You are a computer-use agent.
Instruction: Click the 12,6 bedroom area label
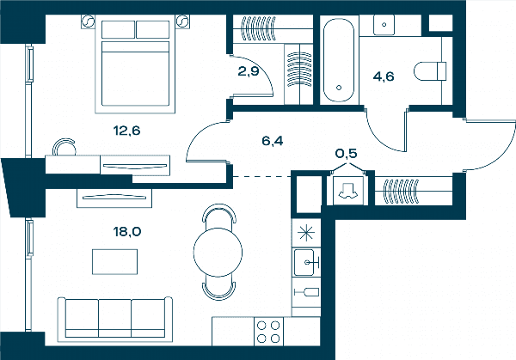[126, 131]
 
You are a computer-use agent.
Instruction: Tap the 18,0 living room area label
[127, 232]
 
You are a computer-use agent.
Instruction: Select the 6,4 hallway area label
[273, 141]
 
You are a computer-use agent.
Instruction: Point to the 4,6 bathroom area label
[384, 76]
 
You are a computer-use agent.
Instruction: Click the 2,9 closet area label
[249, 71]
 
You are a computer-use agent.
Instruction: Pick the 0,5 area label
[347, 153]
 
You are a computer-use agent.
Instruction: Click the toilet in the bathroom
[430, 71]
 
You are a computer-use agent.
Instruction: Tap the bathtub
[339, 60]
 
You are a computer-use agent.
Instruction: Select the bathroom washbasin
[384, 25]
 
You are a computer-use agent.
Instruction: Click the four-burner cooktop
[268, 332]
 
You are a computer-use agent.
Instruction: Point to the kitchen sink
[306, 262]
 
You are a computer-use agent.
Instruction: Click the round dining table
[218, 252]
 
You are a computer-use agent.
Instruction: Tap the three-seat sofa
[115, 317]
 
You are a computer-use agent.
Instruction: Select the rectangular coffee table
[114, 262]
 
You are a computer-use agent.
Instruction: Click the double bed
[135, 64]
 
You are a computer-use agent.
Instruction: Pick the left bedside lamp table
[89, 21]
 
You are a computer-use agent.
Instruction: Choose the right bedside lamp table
[182, 21]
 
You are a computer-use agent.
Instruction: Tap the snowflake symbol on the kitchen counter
[306, 233]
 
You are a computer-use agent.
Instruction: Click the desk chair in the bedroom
[64, 146]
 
